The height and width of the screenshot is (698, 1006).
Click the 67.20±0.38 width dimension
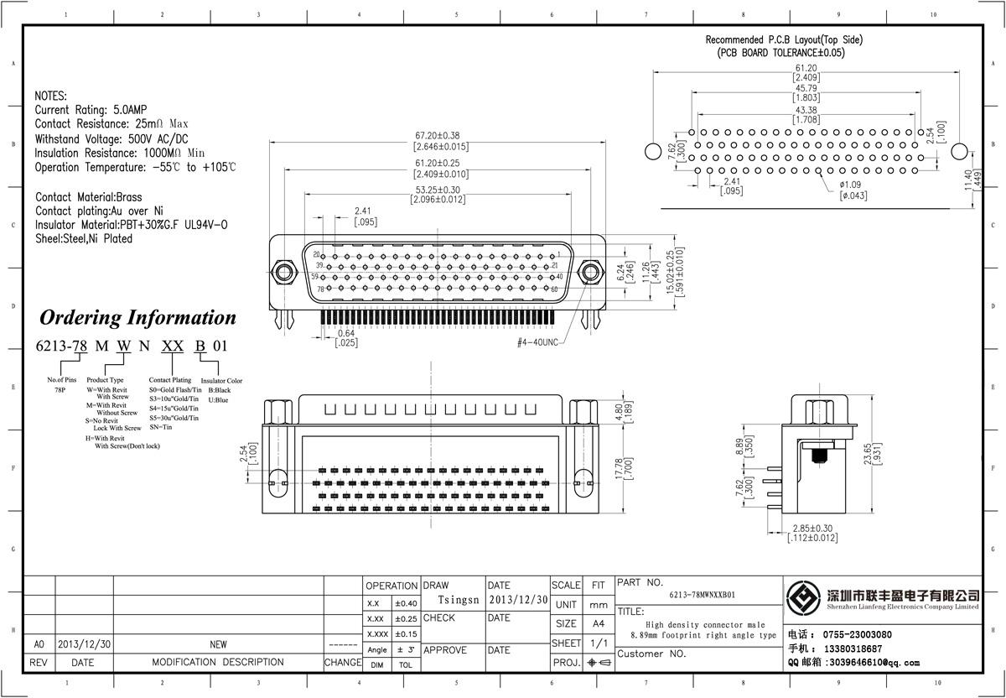tap(436, 135)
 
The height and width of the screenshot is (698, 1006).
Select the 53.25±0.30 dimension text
tap(436, 189)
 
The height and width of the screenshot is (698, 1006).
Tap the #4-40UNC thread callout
tap(537, 342)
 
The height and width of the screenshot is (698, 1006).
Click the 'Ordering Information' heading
tap(138, 318)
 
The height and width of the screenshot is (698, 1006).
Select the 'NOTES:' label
tap(50, 96)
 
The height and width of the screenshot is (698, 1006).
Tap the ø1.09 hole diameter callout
tap(852, 185)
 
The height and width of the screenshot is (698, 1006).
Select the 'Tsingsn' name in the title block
tap(459, 601)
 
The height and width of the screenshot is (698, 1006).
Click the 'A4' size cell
tap(598, 623)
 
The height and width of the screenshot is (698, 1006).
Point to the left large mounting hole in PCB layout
tap(653, 152)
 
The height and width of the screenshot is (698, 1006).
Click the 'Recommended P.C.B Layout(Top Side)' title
tap(784, 39)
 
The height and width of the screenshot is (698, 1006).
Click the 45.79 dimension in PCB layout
tap(806, 88)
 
